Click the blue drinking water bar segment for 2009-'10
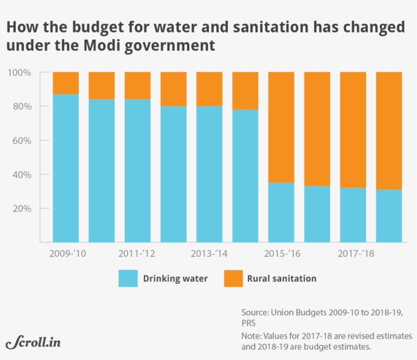66,168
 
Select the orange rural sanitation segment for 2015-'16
281,127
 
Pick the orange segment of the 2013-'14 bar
209,89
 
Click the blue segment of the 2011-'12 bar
137,170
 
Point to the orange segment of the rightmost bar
389,130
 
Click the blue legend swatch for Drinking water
128,278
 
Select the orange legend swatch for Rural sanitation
233,278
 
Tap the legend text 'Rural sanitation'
282,278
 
